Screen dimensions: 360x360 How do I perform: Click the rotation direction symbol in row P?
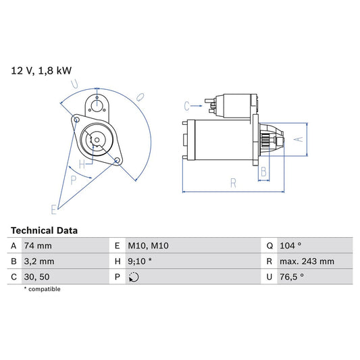(134, 277)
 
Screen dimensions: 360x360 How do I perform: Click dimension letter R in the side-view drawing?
(233, 182)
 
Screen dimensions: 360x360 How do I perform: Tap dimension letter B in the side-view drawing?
(263, 172)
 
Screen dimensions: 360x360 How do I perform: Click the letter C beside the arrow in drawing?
(186, 105)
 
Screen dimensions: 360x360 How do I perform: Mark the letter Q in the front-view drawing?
(140, 97)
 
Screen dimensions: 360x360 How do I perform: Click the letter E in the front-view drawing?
(53, 208)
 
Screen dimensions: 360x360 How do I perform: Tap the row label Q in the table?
(269, 246)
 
